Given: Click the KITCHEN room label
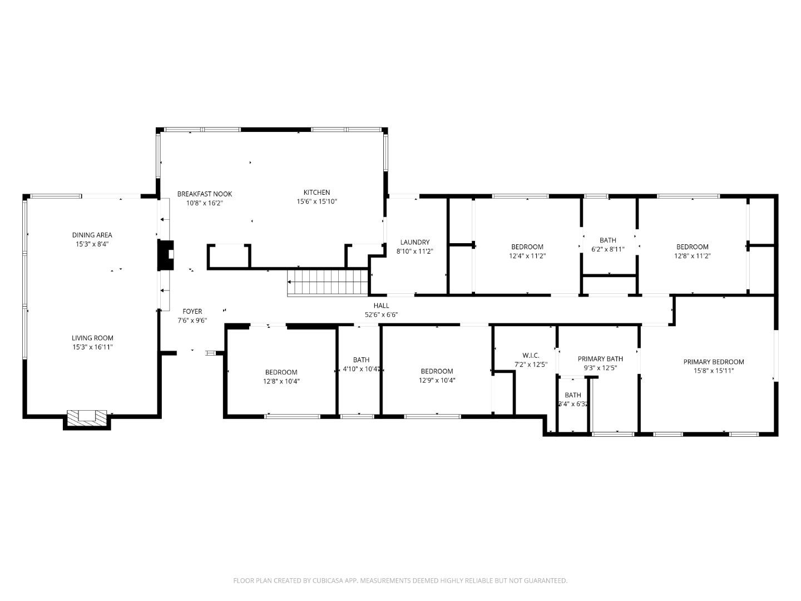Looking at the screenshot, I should pyautogui.click(x=317, y=193).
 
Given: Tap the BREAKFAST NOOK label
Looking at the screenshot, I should pyautogui.click(x=205, y=194).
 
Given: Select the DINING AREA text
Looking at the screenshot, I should pyautogui.click(x=92, y=235).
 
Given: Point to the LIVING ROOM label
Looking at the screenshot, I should pyautogui.click(x=92, y=338).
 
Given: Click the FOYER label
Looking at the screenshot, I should pyautogui.click(x=192, y=312).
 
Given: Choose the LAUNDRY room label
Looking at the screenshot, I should pyautogui.click(x=414, y=242).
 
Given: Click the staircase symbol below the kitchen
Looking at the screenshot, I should pyautogui.click(x=328, y=282).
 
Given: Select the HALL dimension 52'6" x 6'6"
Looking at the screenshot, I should pyautogui.click(x=381, y=314).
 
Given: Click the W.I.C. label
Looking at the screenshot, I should pyautogui.click(x=531, y=356).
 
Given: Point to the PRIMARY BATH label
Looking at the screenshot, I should pyautogui.click(x=600, y=359).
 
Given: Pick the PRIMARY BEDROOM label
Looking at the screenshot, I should pyautogui.click(x=714, y=362).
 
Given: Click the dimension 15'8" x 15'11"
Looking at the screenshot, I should pyautogui.click(x=714, y=371).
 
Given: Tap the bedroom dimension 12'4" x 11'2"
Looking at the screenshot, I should pyautogui.click(x=527, y=256).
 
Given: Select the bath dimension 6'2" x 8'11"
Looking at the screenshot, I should pyautogui.click(x=608, y=249).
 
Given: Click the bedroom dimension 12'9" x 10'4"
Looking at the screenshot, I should pyautogui.click(x=437, y=381).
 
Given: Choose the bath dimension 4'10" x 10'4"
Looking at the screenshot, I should pyautogui.click(x=361, y=369).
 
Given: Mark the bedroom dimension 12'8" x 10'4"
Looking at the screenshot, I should pyautogui.click(x=281, y=381).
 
